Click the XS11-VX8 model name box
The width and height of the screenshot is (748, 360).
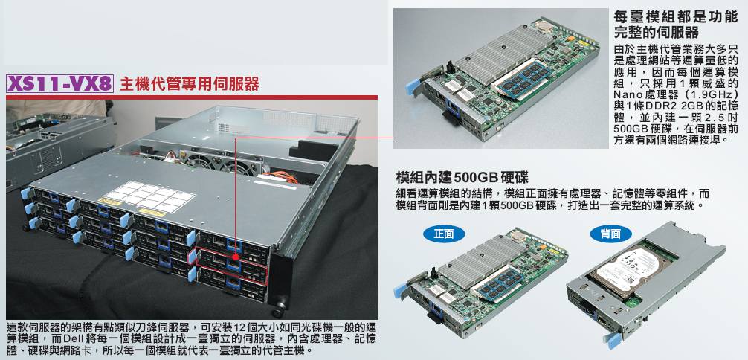click(59, 83)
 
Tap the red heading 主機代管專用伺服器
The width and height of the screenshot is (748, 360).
click(190, 84)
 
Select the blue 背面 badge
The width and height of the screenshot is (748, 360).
click(610, 234)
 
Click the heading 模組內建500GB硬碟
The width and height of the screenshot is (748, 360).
click(462, 178)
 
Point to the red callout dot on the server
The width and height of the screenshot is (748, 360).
click(235, 257)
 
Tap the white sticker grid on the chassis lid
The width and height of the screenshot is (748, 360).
click(149, 196)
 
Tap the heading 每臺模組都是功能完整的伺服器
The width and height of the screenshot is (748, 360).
click(675, 25)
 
